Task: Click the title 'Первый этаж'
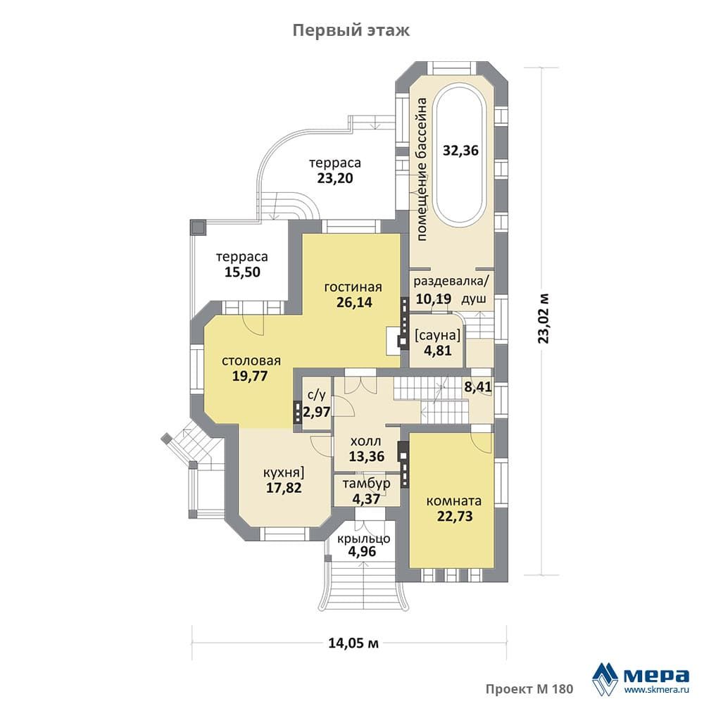(x=351, y=31)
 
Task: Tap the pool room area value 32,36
(x=460, y=151)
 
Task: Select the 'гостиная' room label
(x=353, y=287)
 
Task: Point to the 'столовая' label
(x=251, y=361)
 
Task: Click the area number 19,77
(x=250, y=376)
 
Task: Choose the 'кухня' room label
(x=281, y=473)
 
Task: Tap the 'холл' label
(x=365, y=441)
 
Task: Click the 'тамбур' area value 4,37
(x=366, y=498)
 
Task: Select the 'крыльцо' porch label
(x=364, y=539)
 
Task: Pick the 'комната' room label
(x=454, y=501)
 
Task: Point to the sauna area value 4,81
(x=438, y=350)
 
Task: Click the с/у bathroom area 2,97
(x=317, y=412)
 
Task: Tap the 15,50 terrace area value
(x=242, y=272)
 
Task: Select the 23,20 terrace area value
(x=335, y=178)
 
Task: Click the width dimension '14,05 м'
(x=353, y=643)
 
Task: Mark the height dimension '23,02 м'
(x=543, y=318)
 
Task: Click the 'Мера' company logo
(x=641, y=677)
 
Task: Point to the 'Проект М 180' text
(x=529, y=689)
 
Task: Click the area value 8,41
(x=478, y=387)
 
